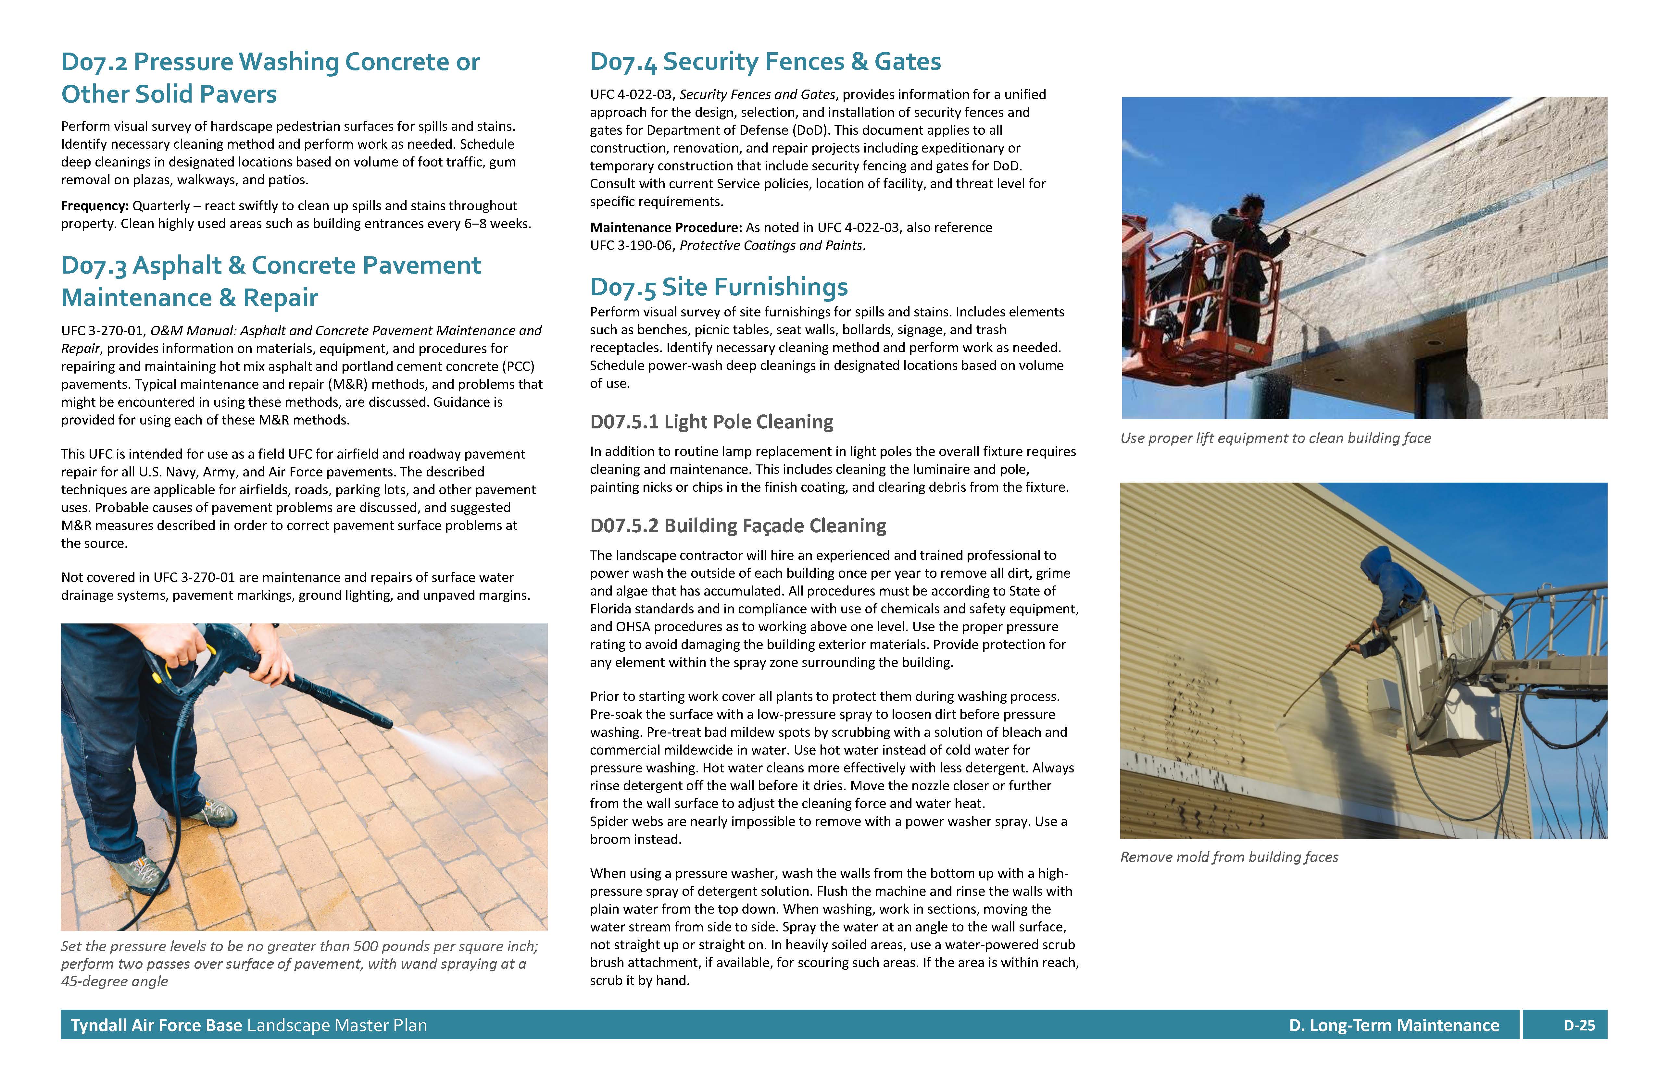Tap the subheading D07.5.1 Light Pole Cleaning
(711, 422)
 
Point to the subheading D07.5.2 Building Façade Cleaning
(737, 526)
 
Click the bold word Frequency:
(94, 206)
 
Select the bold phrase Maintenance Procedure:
(665, 228)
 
